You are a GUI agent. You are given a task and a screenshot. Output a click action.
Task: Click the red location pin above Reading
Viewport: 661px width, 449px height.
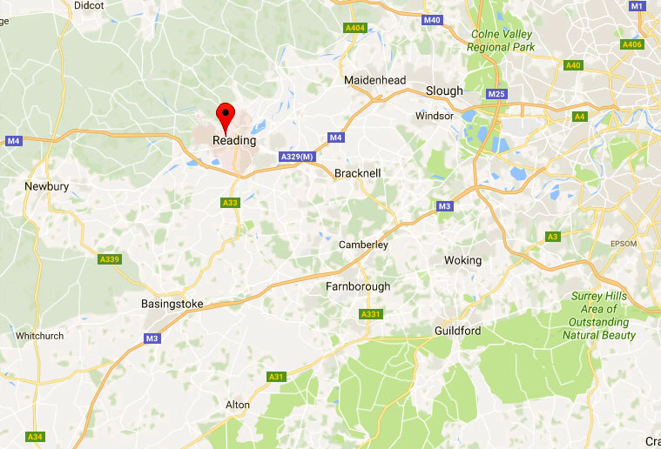(x=226, y=114)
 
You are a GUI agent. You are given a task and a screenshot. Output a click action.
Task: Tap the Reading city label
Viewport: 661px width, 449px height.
(x=234, y=140)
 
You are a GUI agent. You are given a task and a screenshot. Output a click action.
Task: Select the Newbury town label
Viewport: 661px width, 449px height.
(x=46, y=186)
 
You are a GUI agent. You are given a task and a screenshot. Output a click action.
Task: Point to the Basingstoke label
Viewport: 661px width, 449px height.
(x=172, y=305)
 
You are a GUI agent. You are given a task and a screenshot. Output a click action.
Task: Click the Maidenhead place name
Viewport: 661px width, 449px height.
(x=374, y=80)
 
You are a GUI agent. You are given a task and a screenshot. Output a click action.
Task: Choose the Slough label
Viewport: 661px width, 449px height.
(x=444, y=91)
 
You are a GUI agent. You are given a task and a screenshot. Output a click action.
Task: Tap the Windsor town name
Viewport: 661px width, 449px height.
(x=435, y=116)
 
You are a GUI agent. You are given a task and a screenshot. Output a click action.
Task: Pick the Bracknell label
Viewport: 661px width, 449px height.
(x=358, y=173)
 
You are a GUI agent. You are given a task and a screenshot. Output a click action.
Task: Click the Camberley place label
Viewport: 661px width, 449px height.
(x=363, y=245)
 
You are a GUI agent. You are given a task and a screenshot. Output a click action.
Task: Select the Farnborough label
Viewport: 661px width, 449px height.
(x=358, y=286)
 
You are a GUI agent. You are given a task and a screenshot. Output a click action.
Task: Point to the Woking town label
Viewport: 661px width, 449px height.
(x=462, y=260)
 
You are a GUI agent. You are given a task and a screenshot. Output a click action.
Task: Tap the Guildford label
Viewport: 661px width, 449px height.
(x=457, y=331)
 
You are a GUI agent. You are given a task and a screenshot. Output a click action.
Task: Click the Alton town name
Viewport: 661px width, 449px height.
(x=237, y=405)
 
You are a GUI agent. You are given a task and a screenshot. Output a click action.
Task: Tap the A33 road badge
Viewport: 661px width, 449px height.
(x=230, y=203)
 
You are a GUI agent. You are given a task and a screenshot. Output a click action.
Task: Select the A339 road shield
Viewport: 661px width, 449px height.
(x=110, y=259)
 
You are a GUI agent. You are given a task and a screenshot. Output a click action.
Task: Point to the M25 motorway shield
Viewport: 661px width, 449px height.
(x=497, y=94)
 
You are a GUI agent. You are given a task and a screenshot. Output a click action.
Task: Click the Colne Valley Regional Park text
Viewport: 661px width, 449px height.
(x=502, y=41)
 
